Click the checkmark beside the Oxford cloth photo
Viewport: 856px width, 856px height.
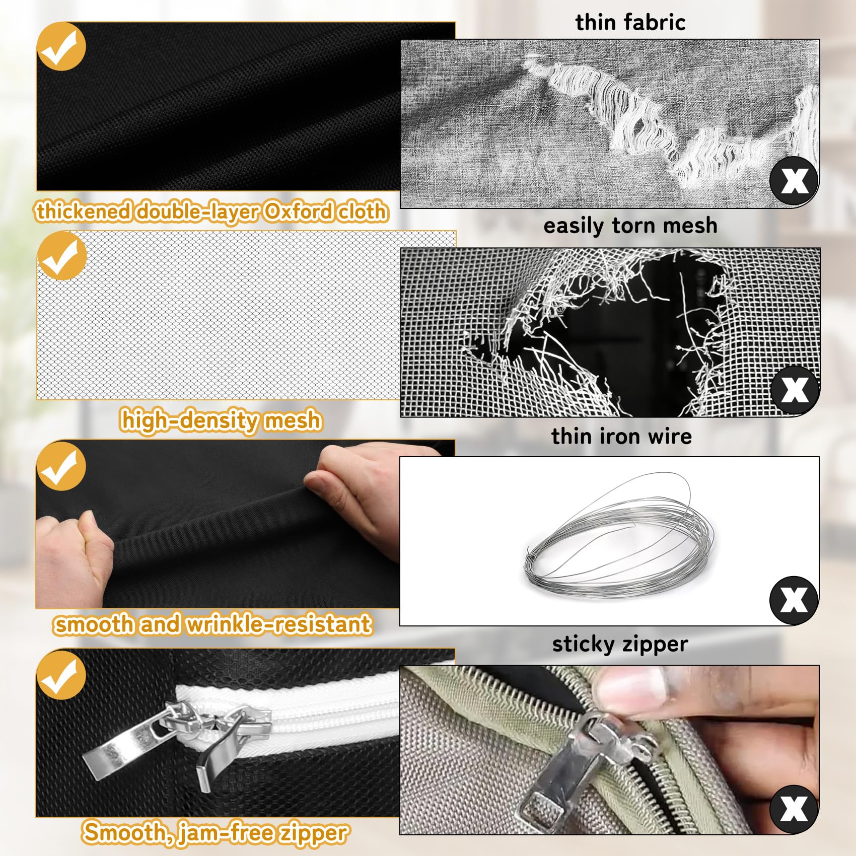pos(61,46)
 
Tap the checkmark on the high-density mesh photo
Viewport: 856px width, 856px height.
pos(61,256)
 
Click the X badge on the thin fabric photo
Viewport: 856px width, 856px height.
pos(794,180)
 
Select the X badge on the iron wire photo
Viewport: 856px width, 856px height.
pos(794,600)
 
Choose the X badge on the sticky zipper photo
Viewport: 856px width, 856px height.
pos(794,809)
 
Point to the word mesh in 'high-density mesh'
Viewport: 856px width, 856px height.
pos(293,420)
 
